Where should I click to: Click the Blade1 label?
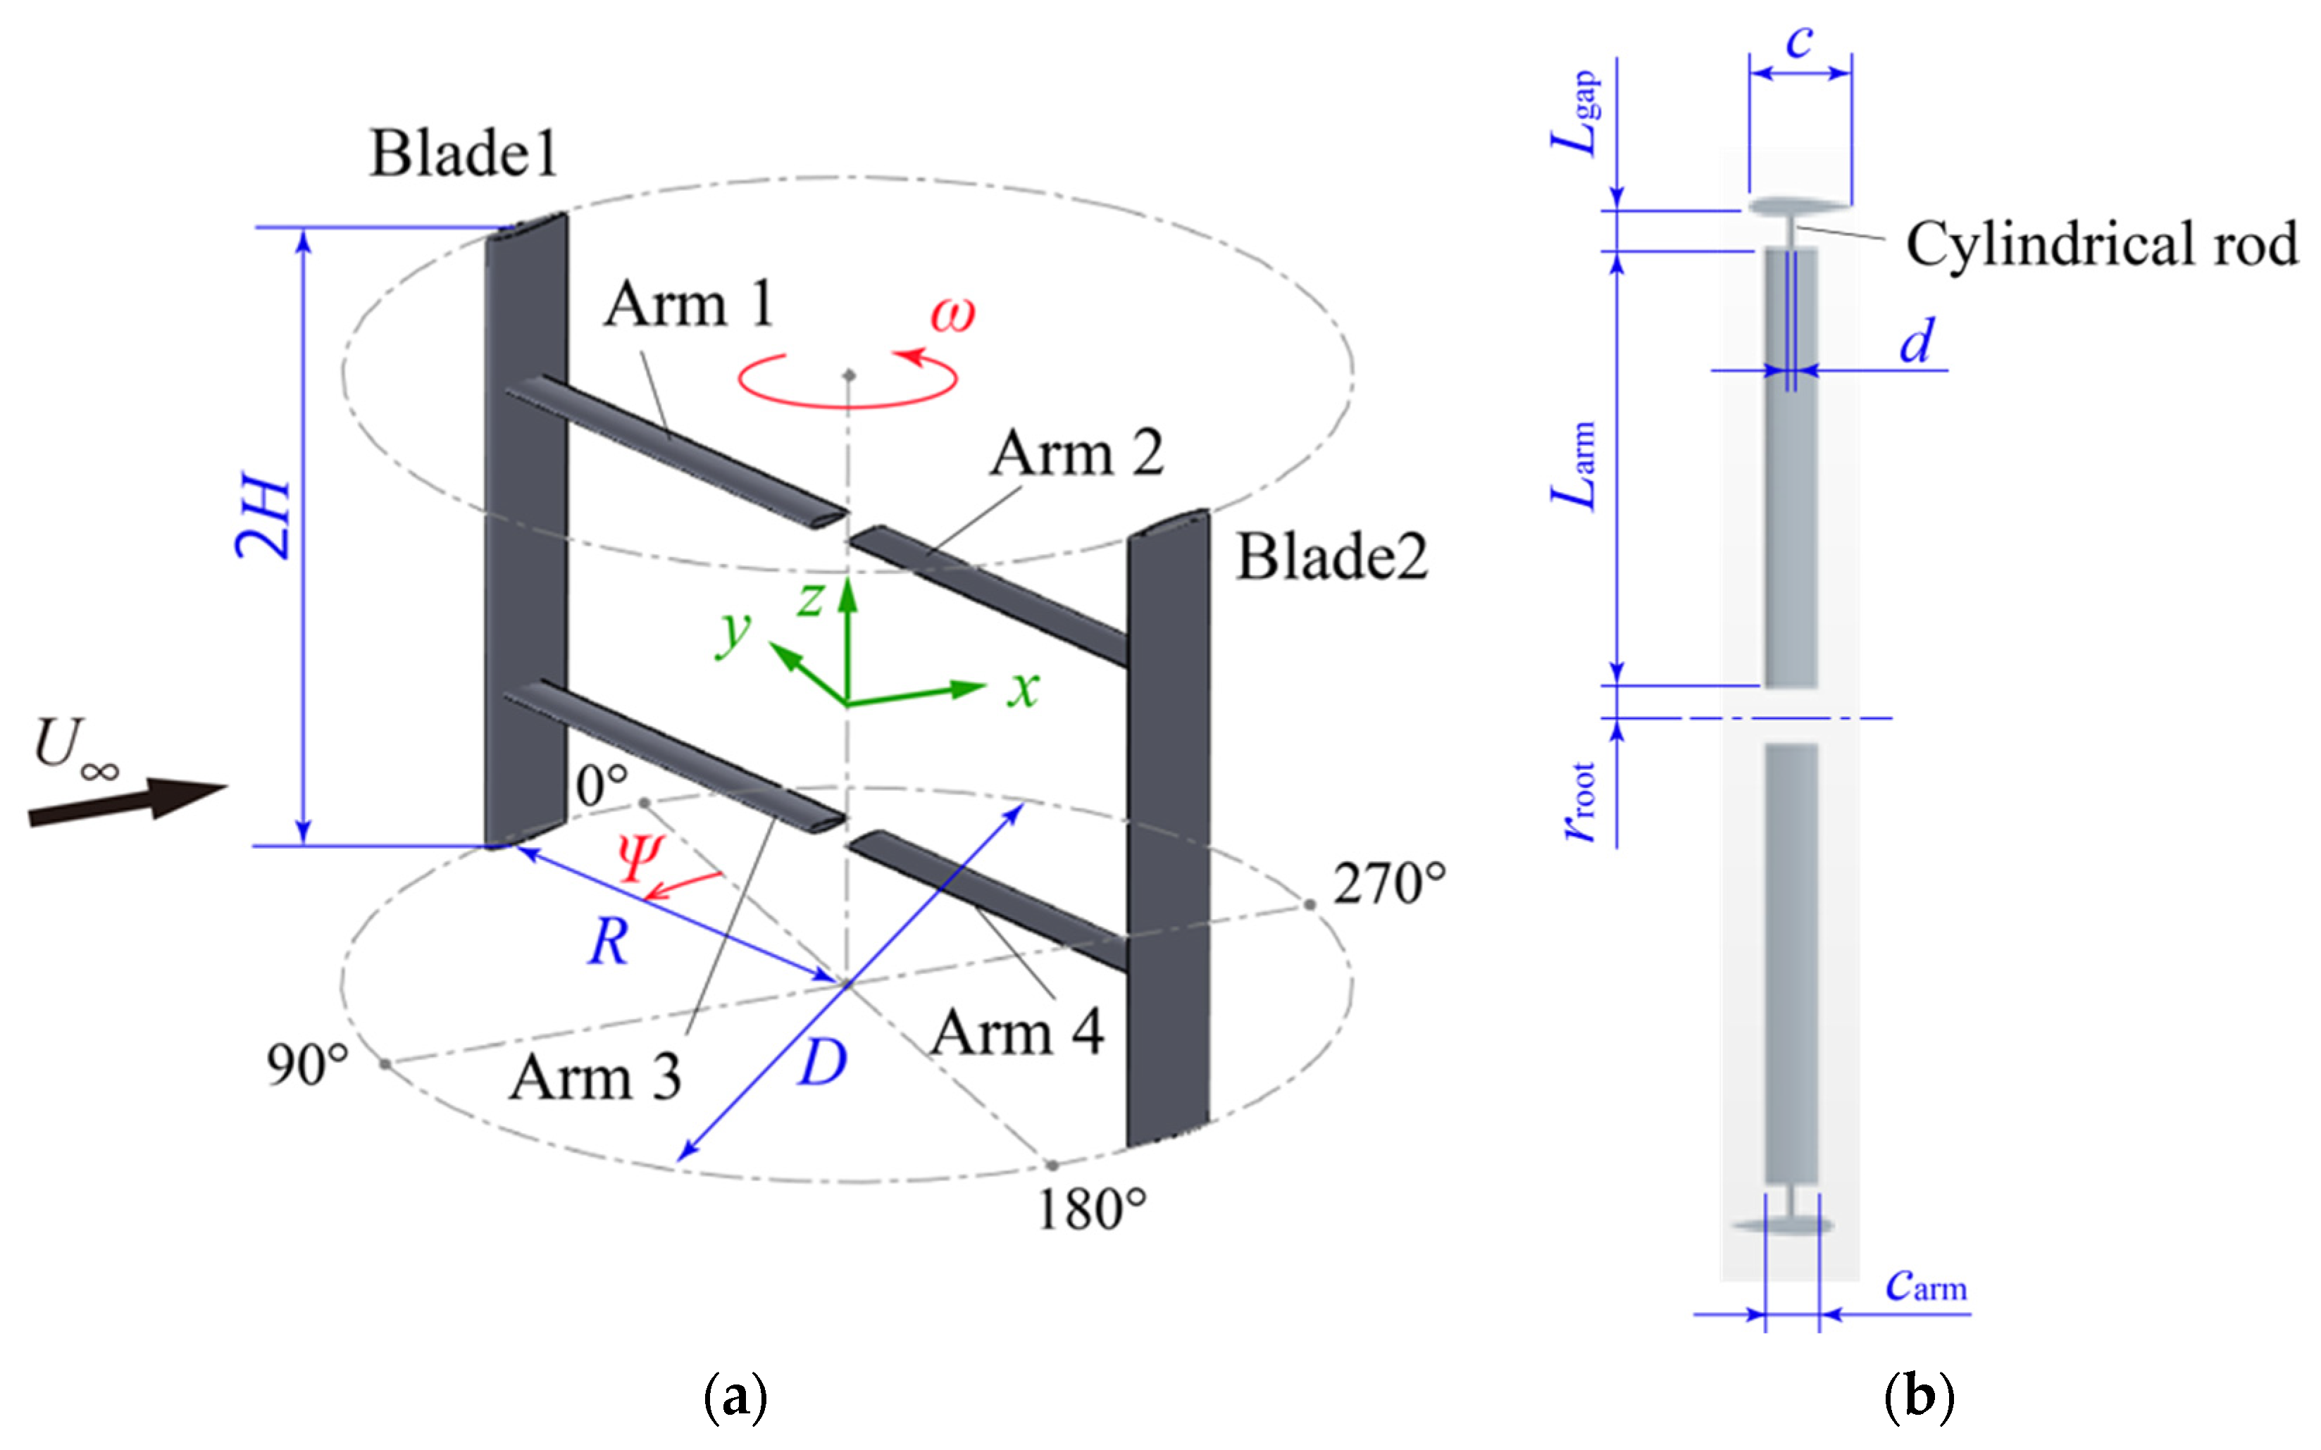[x=463, y=154]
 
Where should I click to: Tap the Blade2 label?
[x=1332, y=556]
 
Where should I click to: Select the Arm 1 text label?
[x=689, y=304]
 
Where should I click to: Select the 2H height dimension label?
[x=263, y=519]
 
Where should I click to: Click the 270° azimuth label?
[x=1390, y=883]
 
